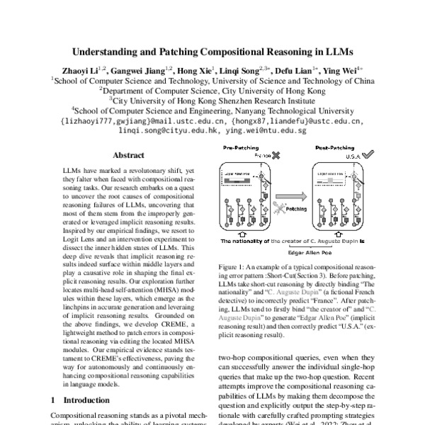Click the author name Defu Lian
coord(295,71)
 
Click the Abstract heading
coord(129,155)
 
